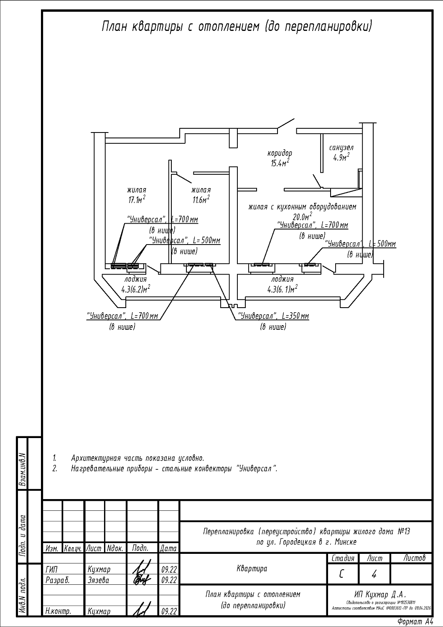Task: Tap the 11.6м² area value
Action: pyautogui.click(x=201, y=200)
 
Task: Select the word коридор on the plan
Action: pyautogui.click(x=280, y=153)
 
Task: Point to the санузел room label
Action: pyautogui.click(x=341, y=148)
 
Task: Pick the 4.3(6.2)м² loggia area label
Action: pyautogui.click(x=136, y=289)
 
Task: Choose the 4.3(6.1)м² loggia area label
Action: pyautogui.click(x=283, y=289)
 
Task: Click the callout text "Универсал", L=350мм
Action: pyautogui.click(x=273, y=316)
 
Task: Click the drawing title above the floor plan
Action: pyautogui.click(x=237, y=27)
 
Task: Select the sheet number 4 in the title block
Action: pyautogui.click(x=374, y=575)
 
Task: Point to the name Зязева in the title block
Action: pyautogui.click(x=98, y=580)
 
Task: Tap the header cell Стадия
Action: pyautogui.click(x=343, y=558)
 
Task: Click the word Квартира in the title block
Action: pyautogui.click(x=252, y=569)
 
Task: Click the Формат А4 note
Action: pyautogui.click(x=415, y=622)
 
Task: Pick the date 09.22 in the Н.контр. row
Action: pyautogui.click(x=168, y=612)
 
